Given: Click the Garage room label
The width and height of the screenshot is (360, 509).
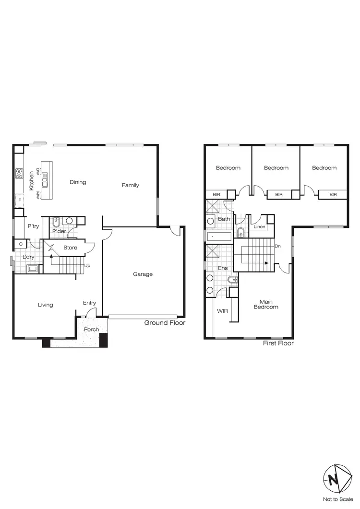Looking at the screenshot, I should point(143,274).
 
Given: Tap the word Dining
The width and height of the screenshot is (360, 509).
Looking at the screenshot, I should point(78,182).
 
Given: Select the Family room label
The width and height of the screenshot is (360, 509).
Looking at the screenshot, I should point(130,185).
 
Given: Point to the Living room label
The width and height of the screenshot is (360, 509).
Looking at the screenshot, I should point(46,305).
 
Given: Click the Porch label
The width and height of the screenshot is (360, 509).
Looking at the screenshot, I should point(91,330).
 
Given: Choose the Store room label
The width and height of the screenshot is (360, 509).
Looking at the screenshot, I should point(70,248).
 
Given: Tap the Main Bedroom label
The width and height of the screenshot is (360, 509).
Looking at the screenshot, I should point(266,304).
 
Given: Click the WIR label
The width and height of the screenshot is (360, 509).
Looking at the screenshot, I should point(222,311).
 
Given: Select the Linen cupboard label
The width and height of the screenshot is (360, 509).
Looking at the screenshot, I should point(260,226).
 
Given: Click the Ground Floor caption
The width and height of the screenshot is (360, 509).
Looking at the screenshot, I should point(165,323).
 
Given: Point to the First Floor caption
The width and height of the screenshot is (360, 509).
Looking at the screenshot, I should point(278,343).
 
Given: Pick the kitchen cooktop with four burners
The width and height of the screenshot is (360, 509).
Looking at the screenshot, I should point(20,173).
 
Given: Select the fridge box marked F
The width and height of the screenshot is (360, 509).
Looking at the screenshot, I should point(20,199).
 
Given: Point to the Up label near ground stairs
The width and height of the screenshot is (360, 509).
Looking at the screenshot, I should point(87,265).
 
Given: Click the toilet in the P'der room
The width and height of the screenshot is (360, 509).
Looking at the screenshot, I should point(57,222).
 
